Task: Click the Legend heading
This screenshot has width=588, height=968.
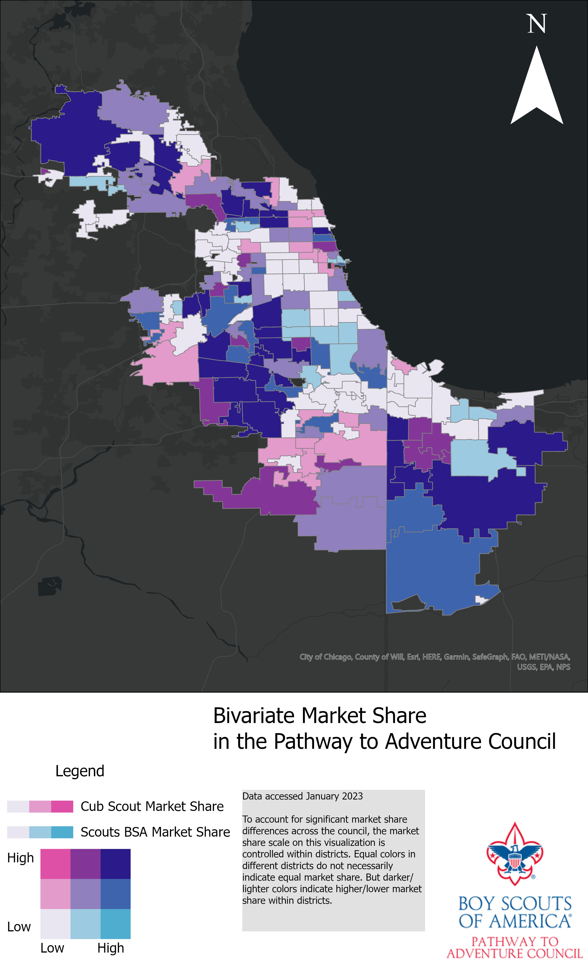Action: click(x=80, y=771)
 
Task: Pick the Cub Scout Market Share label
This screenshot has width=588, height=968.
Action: click(x=152, y=806)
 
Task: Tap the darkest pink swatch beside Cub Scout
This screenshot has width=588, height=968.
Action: click(x=62, y=806)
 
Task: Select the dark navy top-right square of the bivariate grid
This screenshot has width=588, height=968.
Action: click(x=116, y=864)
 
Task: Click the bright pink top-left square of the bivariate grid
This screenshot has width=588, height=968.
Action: click(x=55, y=864)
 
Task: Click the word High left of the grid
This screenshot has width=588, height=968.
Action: click(x=21, y=858)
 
